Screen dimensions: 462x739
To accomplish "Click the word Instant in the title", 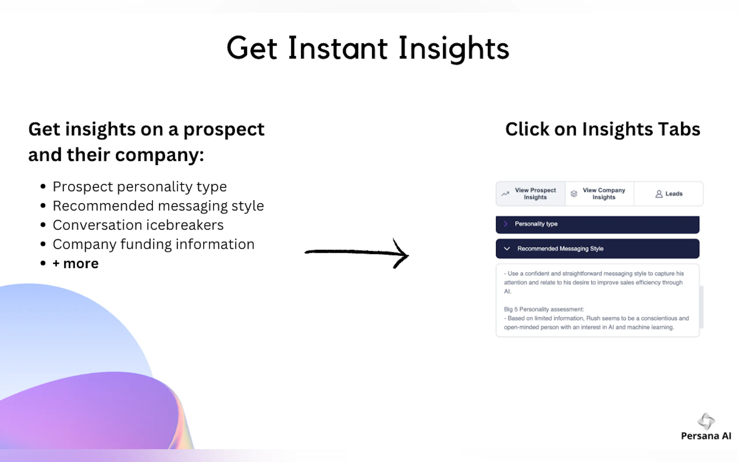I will (x=338, y=48).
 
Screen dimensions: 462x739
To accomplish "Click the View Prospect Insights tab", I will (x=531, y=194).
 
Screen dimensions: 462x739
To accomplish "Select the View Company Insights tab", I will (x=600, y=194).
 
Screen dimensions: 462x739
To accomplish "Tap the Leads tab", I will (x=669, y=194).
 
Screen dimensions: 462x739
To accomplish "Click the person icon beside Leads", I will (x=659, y=194).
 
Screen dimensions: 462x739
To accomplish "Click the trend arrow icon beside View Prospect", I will (x=505, y=194).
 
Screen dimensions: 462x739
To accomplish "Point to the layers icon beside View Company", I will (x=574, y=194).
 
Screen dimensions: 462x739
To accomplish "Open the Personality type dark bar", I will (x=597, y=224).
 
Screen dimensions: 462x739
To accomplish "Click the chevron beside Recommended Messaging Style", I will (x=507, y=249).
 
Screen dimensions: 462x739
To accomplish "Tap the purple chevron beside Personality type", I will (x=506, y=224).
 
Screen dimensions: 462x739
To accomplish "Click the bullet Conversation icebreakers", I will (x=138, y=225).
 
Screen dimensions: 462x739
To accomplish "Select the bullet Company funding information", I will (x=153, y=244).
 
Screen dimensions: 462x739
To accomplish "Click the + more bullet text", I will (x=76, y=264).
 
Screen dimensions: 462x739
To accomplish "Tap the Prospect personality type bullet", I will (x=140, y=187).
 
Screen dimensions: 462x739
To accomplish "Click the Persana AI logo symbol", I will (x=706, y=421).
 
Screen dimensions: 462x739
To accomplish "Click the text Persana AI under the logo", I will (x=706, y=436).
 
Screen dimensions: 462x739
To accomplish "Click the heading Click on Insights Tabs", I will (x=603, y=129).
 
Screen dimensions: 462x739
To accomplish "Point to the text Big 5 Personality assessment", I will (x=544, y=309).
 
